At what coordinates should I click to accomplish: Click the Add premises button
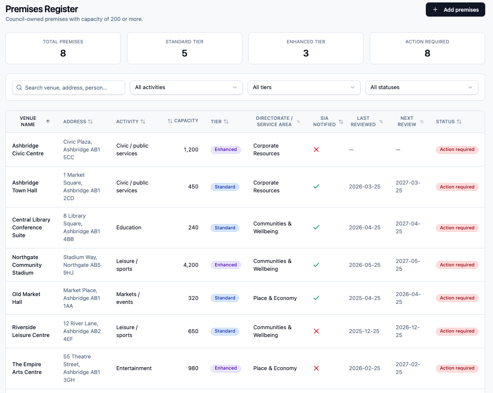tap(455, 10)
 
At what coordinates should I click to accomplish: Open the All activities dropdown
tap(186, 88)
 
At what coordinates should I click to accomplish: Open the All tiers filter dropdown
tap(304, 88)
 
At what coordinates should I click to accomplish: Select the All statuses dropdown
tap(421, 88)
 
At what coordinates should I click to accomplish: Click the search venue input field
tap(69, 88)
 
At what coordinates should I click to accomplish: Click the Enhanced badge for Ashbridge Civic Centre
tap(226, 150)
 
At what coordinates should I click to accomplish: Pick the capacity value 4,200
tap(191, 265)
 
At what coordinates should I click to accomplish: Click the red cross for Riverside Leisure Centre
tap(316, 331)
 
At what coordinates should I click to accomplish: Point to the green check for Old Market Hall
tap(316, 298)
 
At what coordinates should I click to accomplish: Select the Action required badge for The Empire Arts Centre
tap(457, 368)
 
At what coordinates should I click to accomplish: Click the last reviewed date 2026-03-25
tap(365, 187)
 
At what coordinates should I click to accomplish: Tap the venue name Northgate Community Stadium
tap(27, 265)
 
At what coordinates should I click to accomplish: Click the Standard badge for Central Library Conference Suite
tap(225, 228)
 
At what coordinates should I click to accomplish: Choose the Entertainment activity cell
tap(134, 368)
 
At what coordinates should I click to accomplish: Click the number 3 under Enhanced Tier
tap(306, 53)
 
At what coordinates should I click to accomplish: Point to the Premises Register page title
tap(42, 9)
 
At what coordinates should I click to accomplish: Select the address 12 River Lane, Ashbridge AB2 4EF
tap(82, 331)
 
